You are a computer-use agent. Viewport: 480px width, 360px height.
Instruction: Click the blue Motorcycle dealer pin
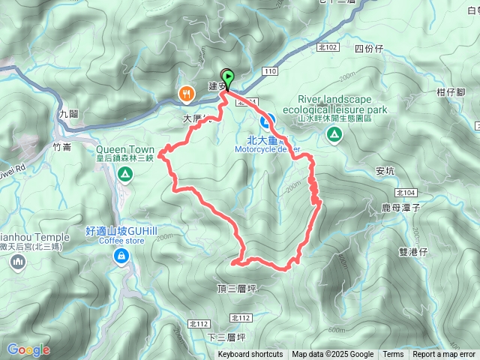coord(266,121)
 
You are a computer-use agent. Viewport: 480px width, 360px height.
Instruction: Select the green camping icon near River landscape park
coord(334,135)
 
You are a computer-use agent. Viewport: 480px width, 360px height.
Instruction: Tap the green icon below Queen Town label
coord(124,175)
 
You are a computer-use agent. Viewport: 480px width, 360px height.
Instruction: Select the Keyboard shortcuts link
coord(250,355)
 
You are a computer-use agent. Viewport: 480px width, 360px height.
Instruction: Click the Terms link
coord(393,355)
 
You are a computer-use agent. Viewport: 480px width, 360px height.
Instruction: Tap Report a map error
coord(444,355)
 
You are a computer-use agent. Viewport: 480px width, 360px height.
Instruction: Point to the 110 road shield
coord(271,71)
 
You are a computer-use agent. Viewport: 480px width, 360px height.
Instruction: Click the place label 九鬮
coord(67,115)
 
